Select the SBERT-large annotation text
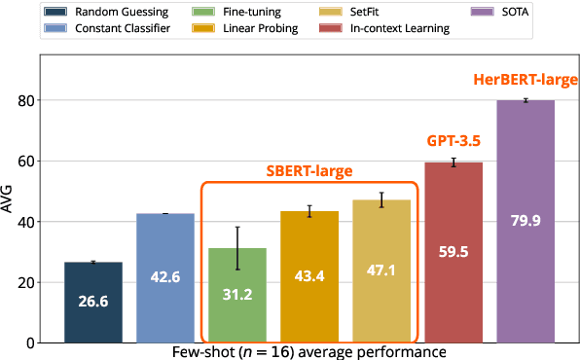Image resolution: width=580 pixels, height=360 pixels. coord(309,170)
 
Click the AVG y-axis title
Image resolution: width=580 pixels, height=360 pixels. coord(9,200)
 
